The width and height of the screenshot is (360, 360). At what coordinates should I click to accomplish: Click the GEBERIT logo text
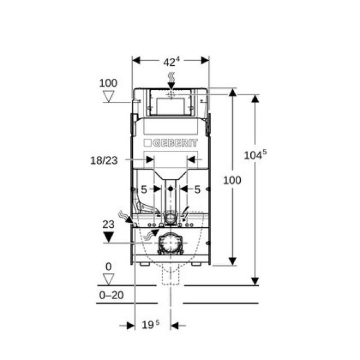tap(175, 143)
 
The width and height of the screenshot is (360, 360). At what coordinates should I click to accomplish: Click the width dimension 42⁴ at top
tap(171, 61)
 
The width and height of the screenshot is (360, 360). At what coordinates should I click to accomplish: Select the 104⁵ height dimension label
tap(255, 155)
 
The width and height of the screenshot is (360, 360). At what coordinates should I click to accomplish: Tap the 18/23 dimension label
tap(104, 160)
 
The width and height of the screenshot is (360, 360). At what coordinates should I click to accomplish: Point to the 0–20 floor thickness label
tap(111, 295)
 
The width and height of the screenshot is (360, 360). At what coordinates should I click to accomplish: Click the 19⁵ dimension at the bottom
tap(150, 325)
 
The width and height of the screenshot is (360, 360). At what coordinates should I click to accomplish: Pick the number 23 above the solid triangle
tap(109, 224)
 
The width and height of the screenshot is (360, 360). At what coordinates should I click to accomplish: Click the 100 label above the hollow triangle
tap(108, 83)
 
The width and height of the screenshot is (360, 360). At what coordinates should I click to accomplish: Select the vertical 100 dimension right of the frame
tap(232, 180)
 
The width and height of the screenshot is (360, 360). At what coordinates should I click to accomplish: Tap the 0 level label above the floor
tap(109, 267)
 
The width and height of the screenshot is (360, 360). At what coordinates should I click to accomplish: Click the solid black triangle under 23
tap(109, 237)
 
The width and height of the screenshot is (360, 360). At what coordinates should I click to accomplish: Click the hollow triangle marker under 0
tap(109, 279)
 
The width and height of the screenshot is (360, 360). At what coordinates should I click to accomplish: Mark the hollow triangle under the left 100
tap(109, 96)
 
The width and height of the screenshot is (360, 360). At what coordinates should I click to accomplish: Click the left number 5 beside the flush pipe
tap(144, 190)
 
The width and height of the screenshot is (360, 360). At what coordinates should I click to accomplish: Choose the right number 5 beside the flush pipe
tap(197, 190)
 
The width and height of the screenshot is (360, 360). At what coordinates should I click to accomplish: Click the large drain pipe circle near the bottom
tap(170, 243)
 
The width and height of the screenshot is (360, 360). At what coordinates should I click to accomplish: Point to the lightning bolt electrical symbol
tap(185, 214)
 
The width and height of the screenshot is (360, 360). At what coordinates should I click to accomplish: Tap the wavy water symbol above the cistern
tap(172, 78)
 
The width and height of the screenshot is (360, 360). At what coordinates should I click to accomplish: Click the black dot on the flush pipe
tap(170, 189)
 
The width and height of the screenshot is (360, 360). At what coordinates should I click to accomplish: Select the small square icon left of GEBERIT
tap(147, 143)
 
